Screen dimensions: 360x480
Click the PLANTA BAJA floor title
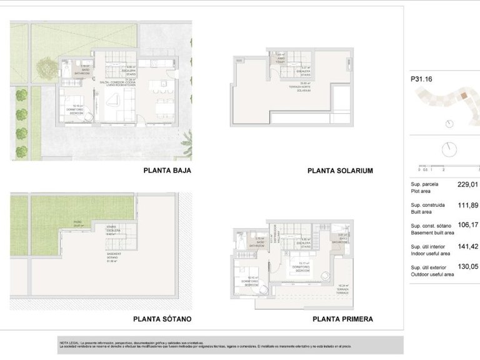[167, 170]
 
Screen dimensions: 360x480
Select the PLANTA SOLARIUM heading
[340, 170]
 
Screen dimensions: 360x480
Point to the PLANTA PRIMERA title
[342, 319]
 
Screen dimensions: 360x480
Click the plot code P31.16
[421, 79]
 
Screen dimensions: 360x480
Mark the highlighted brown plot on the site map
[464, 96]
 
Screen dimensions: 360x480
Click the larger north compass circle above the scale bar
[448, 150]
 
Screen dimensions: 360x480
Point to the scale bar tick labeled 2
[443, 169]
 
